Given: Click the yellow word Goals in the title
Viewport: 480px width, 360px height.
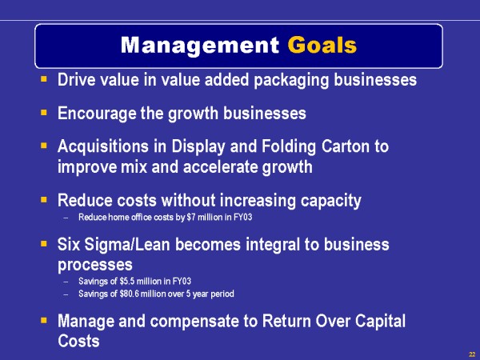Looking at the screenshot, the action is [322, 46].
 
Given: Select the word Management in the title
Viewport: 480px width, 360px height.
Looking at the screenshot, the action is [199, 46].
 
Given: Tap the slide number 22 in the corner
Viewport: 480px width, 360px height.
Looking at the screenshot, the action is [472, 354].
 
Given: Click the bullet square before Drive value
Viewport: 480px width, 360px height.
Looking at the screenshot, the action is [44, 79].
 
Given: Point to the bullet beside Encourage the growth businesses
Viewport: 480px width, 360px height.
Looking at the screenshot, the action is [44, 112].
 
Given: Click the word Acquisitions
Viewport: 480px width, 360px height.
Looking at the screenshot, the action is [103, 146].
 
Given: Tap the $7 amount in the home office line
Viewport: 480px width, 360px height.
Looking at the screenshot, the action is [191, 217].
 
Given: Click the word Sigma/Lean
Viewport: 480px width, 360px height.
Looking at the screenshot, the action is [127, 245].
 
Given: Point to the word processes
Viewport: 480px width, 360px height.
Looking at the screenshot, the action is [95, 265].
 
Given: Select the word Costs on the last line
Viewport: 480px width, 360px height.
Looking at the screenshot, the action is [78, 341].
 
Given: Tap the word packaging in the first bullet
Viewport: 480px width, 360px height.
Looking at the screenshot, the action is [291, 80].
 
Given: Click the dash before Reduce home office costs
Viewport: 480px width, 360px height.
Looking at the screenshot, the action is [66, 218].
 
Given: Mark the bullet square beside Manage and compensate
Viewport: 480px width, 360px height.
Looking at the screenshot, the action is [44, 320].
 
